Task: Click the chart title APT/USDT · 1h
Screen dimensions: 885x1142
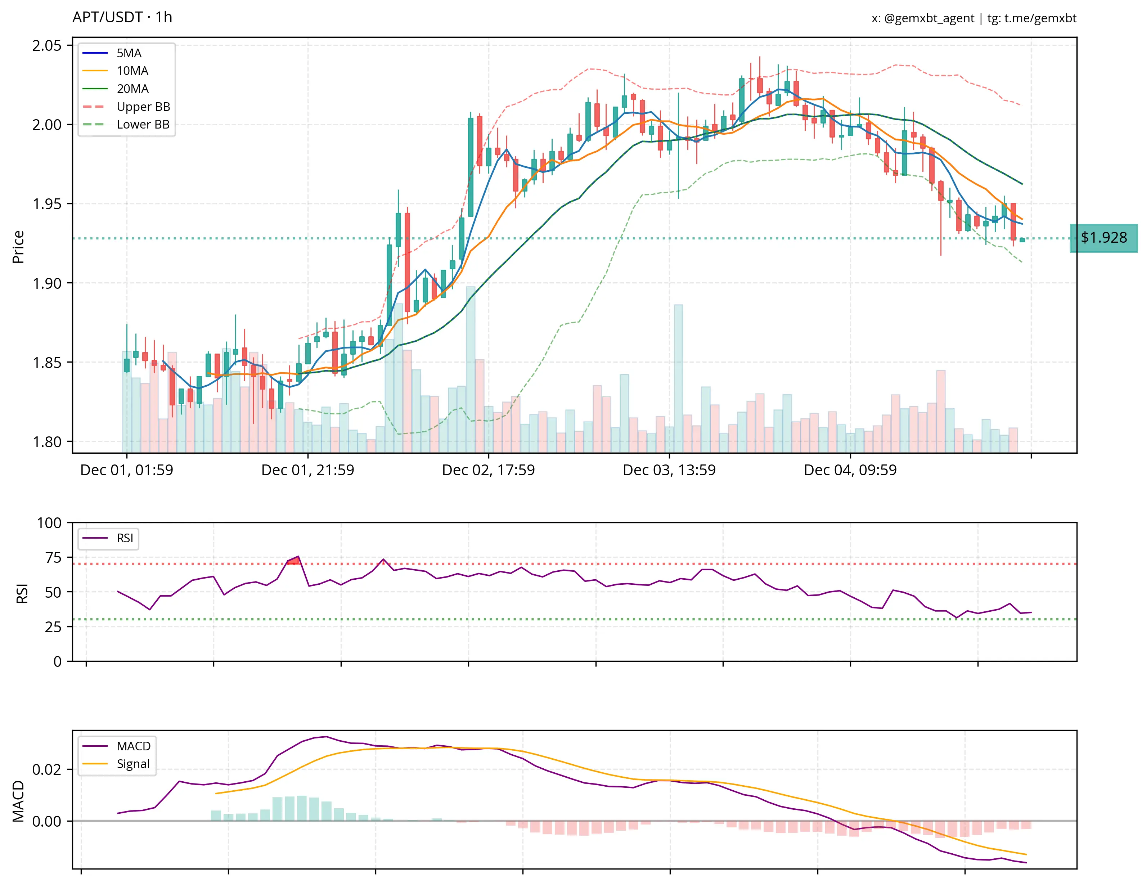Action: (122, 17)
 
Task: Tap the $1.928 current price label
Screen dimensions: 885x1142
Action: (1103, 238)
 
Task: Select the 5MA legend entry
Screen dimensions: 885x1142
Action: (129, 53)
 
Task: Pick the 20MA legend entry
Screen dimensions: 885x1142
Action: (132, 89)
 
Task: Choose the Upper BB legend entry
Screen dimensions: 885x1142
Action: (143, 107)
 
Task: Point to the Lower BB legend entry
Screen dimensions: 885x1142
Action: (143, 125)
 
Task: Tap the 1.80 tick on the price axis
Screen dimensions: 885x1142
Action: (46, 442)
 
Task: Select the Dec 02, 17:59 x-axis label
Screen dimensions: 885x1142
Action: (489, 470)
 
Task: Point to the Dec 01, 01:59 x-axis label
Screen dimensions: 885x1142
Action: (126, 470)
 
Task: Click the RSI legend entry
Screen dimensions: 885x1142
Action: (125, 538)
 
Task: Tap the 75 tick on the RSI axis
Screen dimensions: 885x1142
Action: (53, 558)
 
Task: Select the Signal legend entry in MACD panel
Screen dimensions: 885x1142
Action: (133, 764)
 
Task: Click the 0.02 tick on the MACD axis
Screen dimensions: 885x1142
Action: (46, 769)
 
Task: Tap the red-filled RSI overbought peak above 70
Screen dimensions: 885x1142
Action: (295, 561)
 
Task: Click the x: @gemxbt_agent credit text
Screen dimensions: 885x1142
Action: (922, 18)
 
